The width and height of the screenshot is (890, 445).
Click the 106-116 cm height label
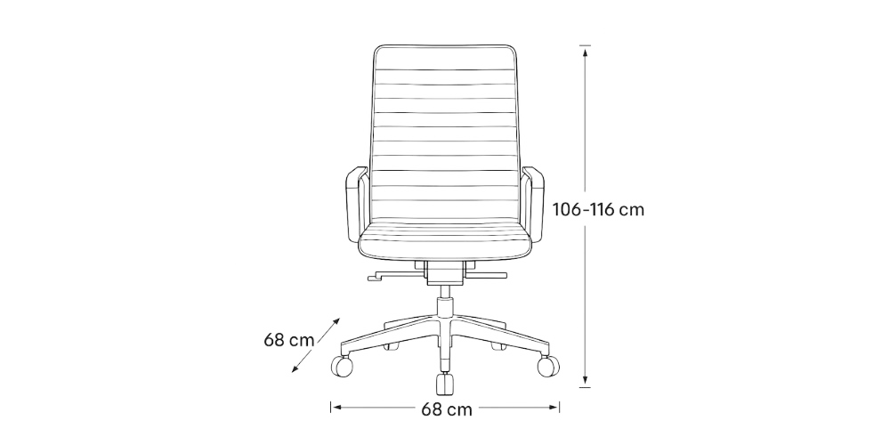597,211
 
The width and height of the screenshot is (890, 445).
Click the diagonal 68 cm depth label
288,339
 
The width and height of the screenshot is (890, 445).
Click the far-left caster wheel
342,365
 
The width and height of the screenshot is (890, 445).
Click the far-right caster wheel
549,365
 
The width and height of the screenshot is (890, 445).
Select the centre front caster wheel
443,384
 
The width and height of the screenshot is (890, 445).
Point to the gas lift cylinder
443,307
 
